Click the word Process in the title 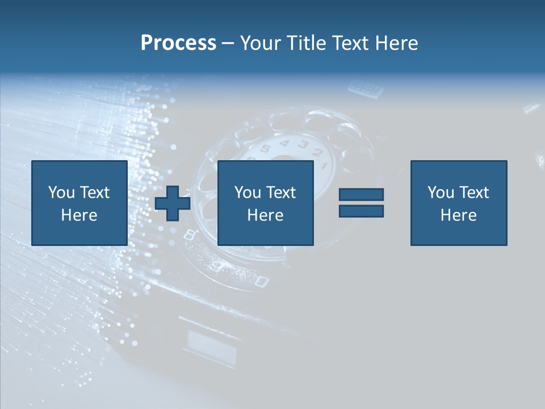tap(178, 43)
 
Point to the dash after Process tap(228, 44)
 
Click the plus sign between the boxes tap(173, 203)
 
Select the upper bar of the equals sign tap(361, 195)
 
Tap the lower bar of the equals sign tap(361, 211)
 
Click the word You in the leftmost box tap(61, 193)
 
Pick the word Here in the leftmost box tap(79, 215)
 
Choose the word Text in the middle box tap(281, 193)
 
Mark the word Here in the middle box tap(265, 215)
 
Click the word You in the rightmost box tap(441, 193)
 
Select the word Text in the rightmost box tap(474, 193)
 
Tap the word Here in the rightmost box tap(458, 215)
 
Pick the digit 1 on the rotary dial tap(324, 166)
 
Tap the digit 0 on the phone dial tap(261, 281)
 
